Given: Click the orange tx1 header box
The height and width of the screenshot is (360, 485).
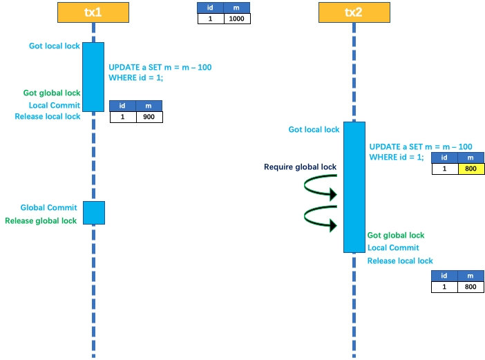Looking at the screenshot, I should tap(93, 13).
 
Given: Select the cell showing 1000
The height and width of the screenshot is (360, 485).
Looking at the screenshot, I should tap(237, 19).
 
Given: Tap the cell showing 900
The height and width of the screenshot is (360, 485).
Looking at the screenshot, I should tap(149, 117).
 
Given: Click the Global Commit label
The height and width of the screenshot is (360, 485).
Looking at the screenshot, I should tap(48, 207).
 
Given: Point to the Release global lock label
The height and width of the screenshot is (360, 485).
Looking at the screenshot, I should tap(41, 221).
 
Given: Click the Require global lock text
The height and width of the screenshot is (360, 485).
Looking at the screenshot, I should tap(301, 167).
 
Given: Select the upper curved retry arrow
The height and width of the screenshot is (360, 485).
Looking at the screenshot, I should tap(321, 187).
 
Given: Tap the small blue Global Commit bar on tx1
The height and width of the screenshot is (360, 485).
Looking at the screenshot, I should tap(93, 213).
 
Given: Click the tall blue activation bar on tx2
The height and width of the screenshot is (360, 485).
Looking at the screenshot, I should tap(354, 187).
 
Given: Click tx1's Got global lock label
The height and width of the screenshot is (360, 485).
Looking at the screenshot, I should tap(52, 93).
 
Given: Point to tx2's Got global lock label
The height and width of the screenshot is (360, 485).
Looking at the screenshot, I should tap(396, 236).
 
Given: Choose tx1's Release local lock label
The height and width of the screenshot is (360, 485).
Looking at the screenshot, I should tap(48, 116).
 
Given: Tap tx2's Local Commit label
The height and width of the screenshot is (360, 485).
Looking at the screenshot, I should tap(393, 248).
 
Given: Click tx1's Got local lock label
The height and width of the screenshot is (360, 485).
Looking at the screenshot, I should tap(55, 46).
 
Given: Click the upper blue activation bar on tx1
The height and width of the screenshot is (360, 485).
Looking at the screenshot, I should tap(93, 76).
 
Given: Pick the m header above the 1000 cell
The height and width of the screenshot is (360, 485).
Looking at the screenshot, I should tap(237, 8).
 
